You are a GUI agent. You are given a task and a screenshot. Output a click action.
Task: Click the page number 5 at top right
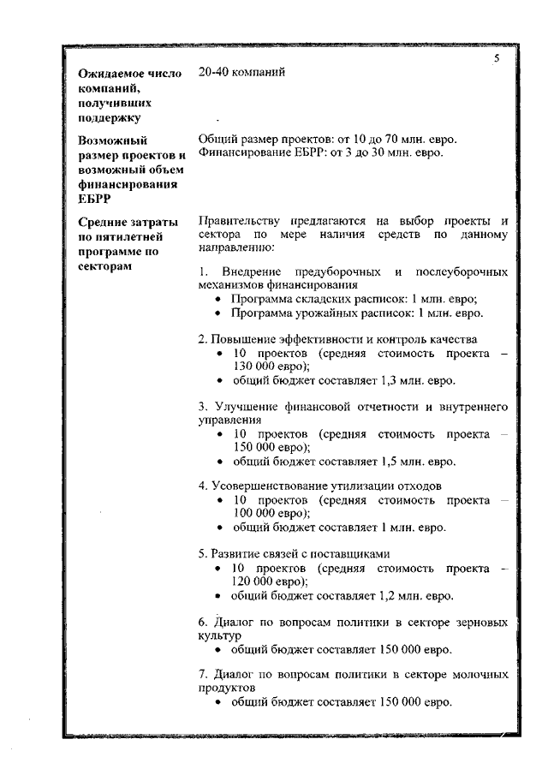pos(497,57)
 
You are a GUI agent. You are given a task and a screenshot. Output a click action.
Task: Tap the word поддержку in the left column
pos(110,117)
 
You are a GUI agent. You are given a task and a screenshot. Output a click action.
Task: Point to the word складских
pos(321,299)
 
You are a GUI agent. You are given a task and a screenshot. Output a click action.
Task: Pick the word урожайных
pos(325,313)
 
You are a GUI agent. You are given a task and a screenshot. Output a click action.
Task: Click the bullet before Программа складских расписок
pos(220,300)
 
